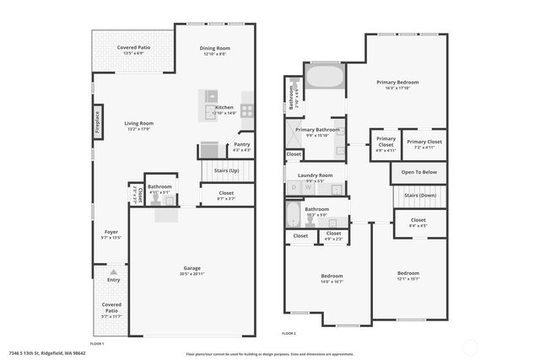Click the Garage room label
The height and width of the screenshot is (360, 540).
tap(192, 269)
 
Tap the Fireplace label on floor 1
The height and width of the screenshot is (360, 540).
tap(98, 123)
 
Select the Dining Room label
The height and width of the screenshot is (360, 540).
tap(215, 48)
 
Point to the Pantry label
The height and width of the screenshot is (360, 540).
tap(241, 145)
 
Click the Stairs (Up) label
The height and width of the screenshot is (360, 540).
tap(226, 170)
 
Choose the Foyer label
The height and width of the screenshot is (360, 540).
tap(111, 232)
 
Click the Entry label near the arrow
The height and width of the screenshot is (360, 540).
tap(113, 280)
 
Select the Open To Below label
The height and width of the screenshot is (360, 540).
tap(418, 172)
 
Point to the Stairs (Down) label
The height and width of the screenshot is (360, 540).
tap(419, 196)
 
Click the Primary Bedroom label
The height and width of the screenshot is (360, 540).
tap(397, 82)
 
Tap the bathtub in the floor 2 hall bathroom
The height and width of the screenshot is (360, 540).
tap(293, 214)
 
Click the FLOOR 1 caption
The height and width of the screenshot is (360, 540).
tap(96, 344)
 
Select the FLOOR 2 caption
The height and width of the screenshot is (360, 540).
tap(289, 334)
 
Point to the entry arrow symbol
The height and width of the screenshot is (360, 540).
tap(113, 271)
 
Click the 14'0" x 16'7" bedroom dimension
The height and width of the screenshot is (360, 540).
tap(332, 282)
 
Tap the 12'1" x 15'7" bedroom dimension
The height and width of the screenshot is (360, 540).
tap(408, 278)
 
